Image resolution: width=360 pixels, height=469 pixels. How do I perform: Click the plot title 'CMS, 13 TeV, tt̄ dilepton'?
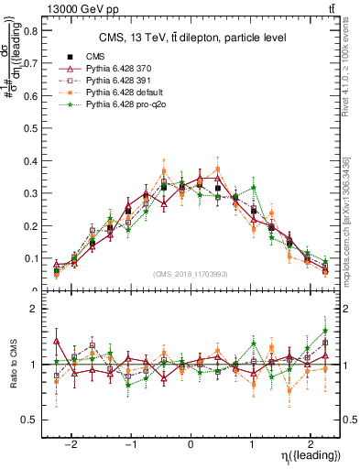[x=191, y=38]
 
